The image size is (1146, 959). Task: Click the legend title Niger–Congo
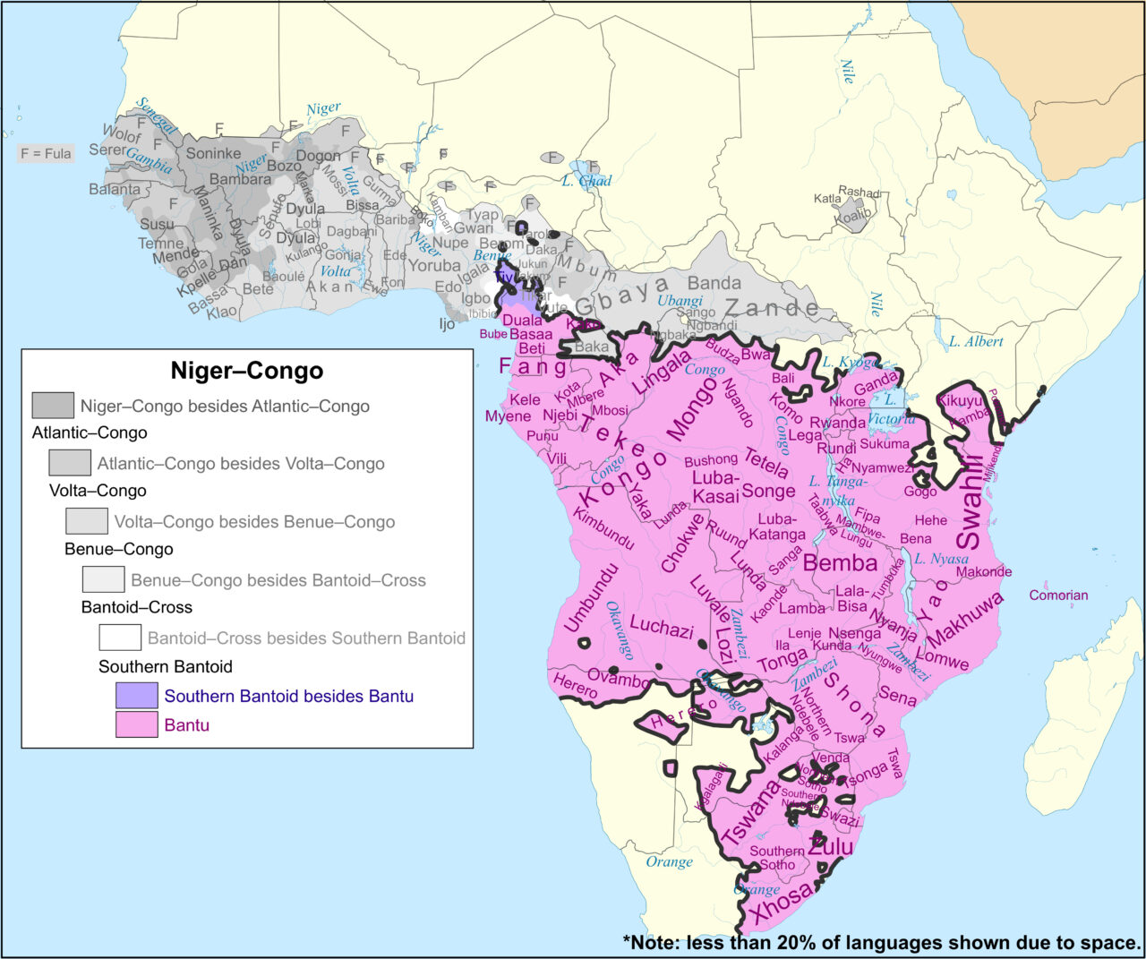[246, 371]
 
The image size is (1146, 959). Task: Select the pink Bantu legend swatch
[136, 724]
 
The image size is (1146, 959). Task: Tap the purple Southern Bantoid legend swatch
[136, 696]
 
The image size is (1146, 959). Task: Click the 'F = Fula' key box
[46, 153]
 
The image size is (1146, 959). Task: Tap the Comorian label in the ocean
[1058, 595]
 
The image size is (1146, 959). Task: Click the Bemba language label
[840, 563]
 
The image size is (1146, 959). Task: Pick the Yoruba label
[434, 265]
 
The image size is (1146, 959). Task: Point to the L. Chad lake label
[586, 181]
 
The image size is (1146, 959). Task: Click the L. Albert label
[976, 341]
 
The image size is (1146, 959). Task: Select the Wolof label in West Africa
[122, 134]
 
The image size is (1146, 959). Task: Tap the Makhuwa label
[965, 619]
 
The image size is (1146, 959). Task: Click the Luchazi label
[662, 627]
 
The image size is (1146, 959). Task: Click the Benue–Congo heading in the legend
[119, 549]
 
